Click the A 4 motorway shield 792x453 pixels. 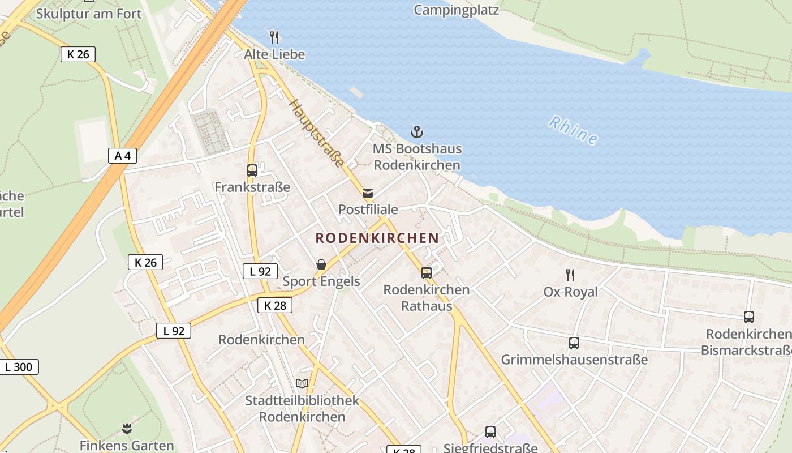click(x=122, y=155)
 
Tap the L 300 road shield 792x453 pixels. click(x=19, y=366)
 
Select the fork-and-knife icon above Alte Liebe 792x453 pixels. click(x=274, y=37)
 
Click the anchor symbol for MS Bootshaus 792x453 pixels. click(x=417, y=133)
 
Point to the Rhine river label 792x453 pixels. click(x=573, y=130)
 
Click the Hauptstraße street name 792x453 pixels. click(x=316, y=133)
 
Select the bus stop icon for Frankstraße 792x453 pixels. click(x=252, y=170)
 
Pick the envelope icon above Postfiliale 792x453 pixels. click(x=368, y=193)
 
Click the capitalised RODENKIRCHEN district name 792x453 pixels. click(x=377, y=238)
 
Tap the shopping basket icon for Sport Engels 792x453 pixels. click(x=321, y=264)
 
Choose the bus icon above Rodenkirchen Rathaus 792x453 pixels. click(x=427, y=273)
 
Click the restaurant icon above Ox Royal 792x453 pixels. click(x=570, y=275)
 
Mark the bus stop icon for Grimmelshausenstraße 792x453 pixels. click(x=574, y=343)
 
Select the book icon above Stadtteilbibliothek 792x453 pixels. click(x=302, y=384)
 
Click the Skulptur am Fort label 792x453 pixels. click(x=89, y=13)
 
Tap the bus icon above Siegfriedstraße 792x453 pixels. click(x=490, y=432)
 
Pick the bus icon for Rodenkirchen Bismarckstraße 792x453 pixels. click(x=749, y=317)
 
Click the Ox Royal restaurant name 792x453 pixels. click(x=570, y=292)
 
